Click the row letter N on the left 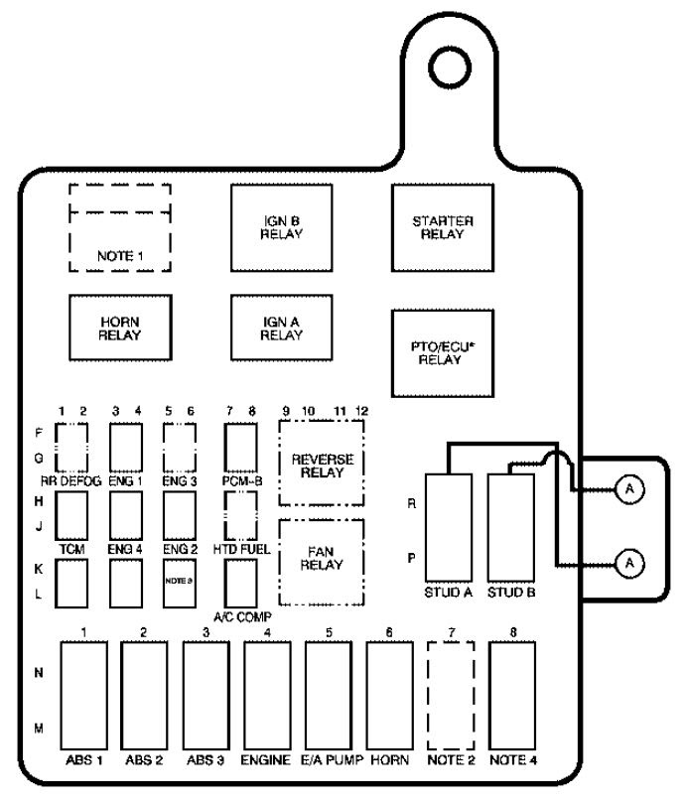pos(39,672)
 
